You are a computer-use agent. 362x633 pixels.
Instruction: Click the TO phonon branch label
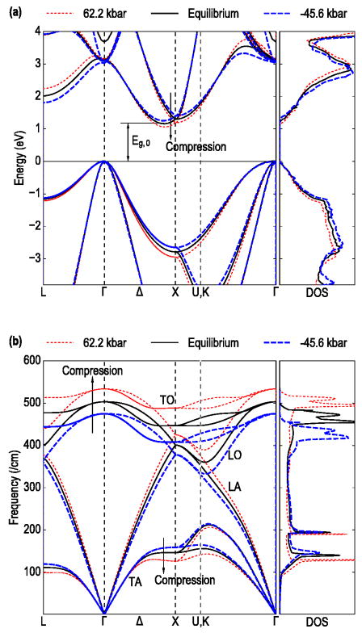(x=165, y=399)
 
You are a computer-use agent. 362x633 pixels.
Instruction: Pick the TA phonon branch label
(x=115, y=581)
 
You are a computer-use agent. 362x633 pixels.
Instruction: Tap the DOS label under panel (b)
(x=318, y=623)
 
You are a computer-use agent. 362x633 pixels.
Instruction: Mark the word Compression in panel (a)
(x=195, y=148)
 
